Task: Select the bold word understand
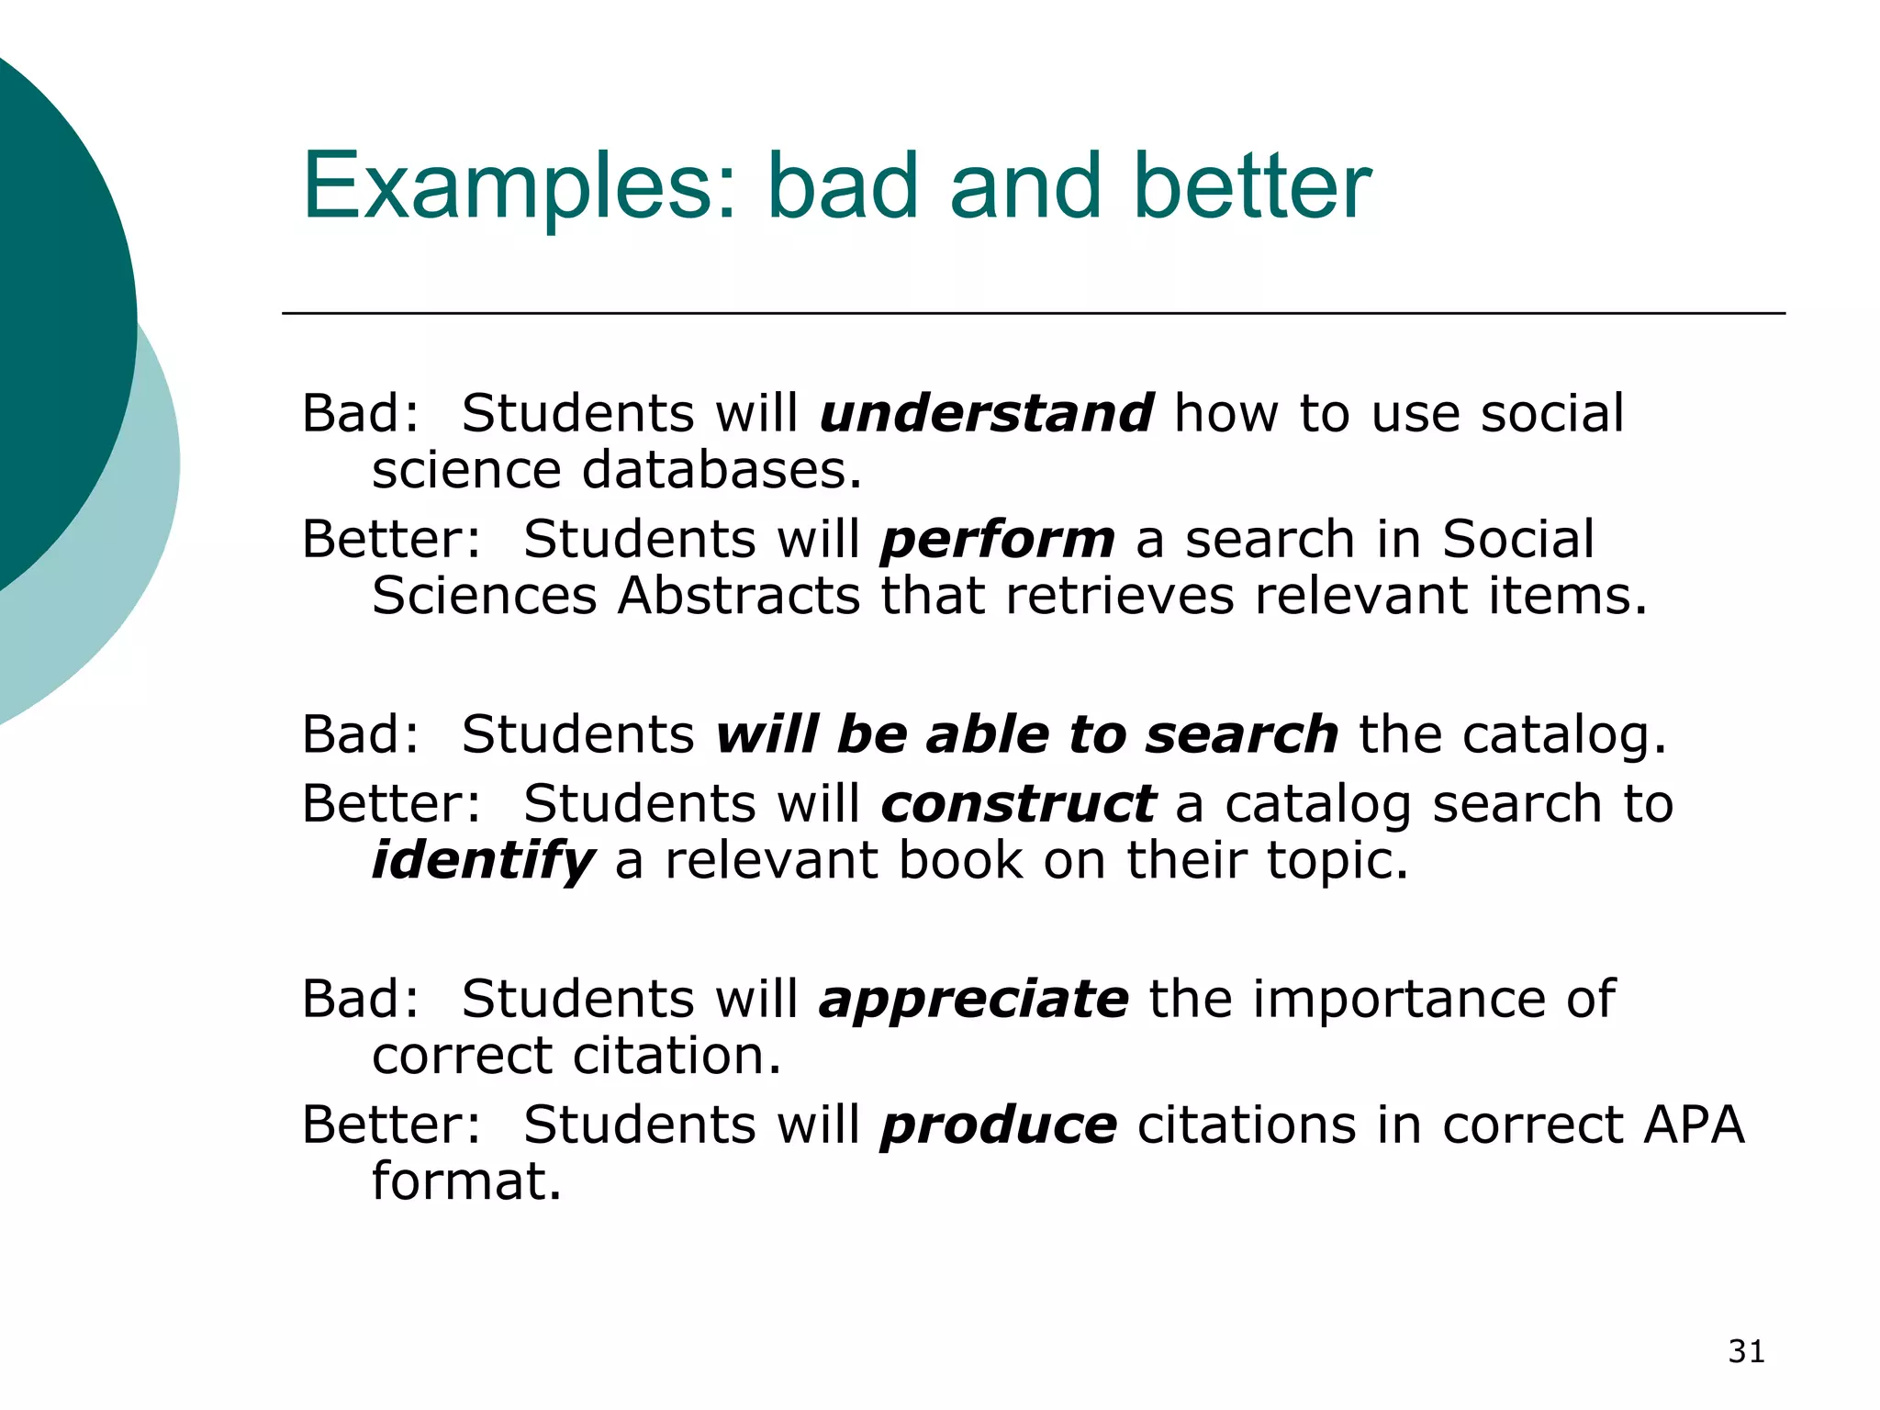tap(986, 413)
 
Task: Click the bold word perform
tap(998, 540)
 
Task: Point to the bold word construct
tap(1018, 804)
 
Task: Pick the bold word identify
tap(483, 861)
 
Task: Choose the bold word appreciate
tap(973, 999)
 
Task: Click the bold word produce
tap(999, 1125)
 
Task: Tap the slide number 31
tap(1746, 1352)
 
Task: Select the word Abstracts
tap(739, 596)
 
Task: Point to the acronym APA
tap(1694, 1125)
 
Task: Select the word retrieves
tap(1120, 596)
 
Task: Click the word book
tap(959, 861)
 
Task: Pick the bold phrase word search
tap(1241, 735)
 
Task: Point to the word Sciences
tap(485, 596)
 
